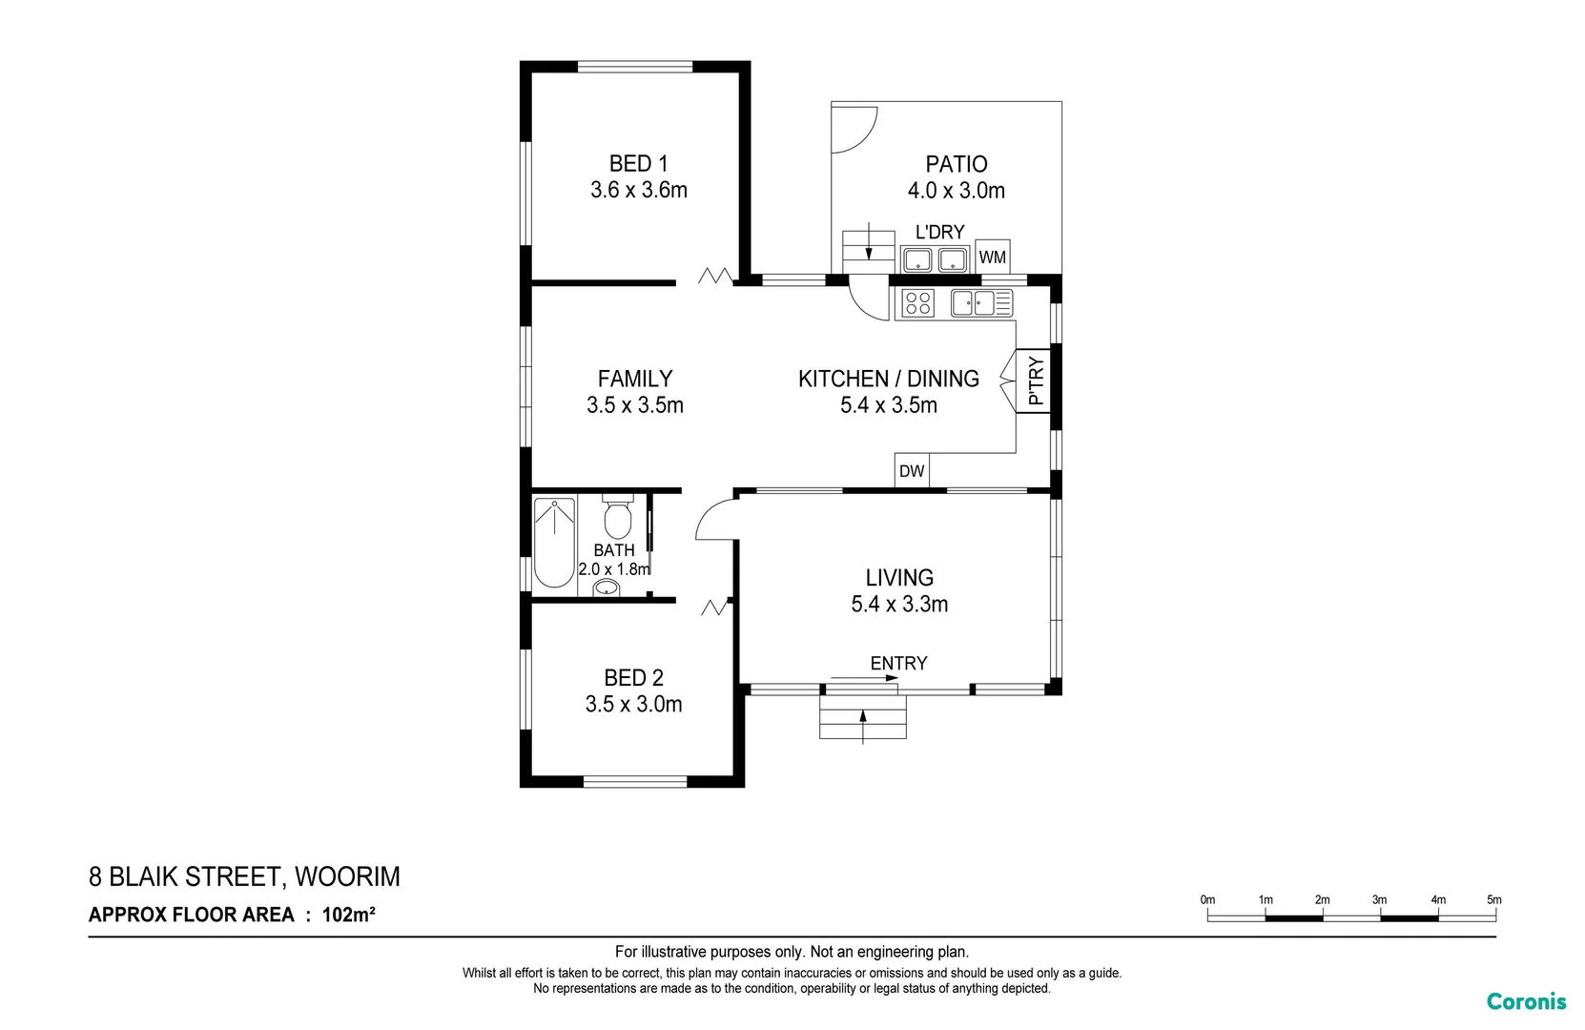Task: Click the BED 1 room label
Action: (638, 164)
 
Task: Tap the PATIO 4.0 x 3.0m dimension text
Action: (956, 191)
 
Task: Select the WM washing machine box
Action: (992, 257)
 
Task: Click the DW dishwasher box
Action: (912, 470)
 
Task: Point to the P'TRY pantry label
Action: (1036, 381)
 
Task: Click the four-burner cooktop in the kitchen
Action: (917, 303)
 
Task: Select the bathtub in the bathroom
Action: (553, 542)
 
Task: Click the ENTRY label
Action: (898, 663)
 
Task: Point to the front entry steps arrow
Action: (863, 724)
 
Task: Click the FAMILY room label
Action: (635, 379)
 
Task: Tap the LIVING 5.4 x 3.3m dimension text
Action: (899, 604)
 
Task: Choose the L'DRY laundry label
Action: (939, 232)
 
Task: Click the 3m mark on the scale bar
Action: (1379, 900)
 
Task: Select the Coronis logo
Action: (1526, 1001)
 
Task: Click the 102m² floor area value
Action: (348, 915)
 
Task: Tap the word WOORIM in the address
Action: (347, 876)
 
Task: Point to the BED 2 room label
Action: (633, 678)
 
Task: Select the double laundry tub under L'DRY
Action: (935, 258)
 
